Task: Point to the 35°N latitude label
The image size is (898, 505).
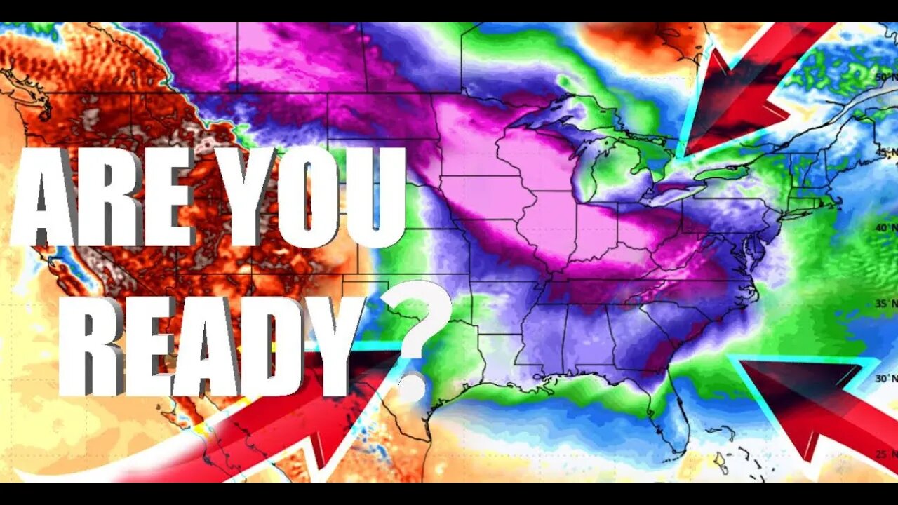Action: (884, 304)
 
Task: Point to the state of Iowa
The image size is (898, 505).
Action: (484, 196)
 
